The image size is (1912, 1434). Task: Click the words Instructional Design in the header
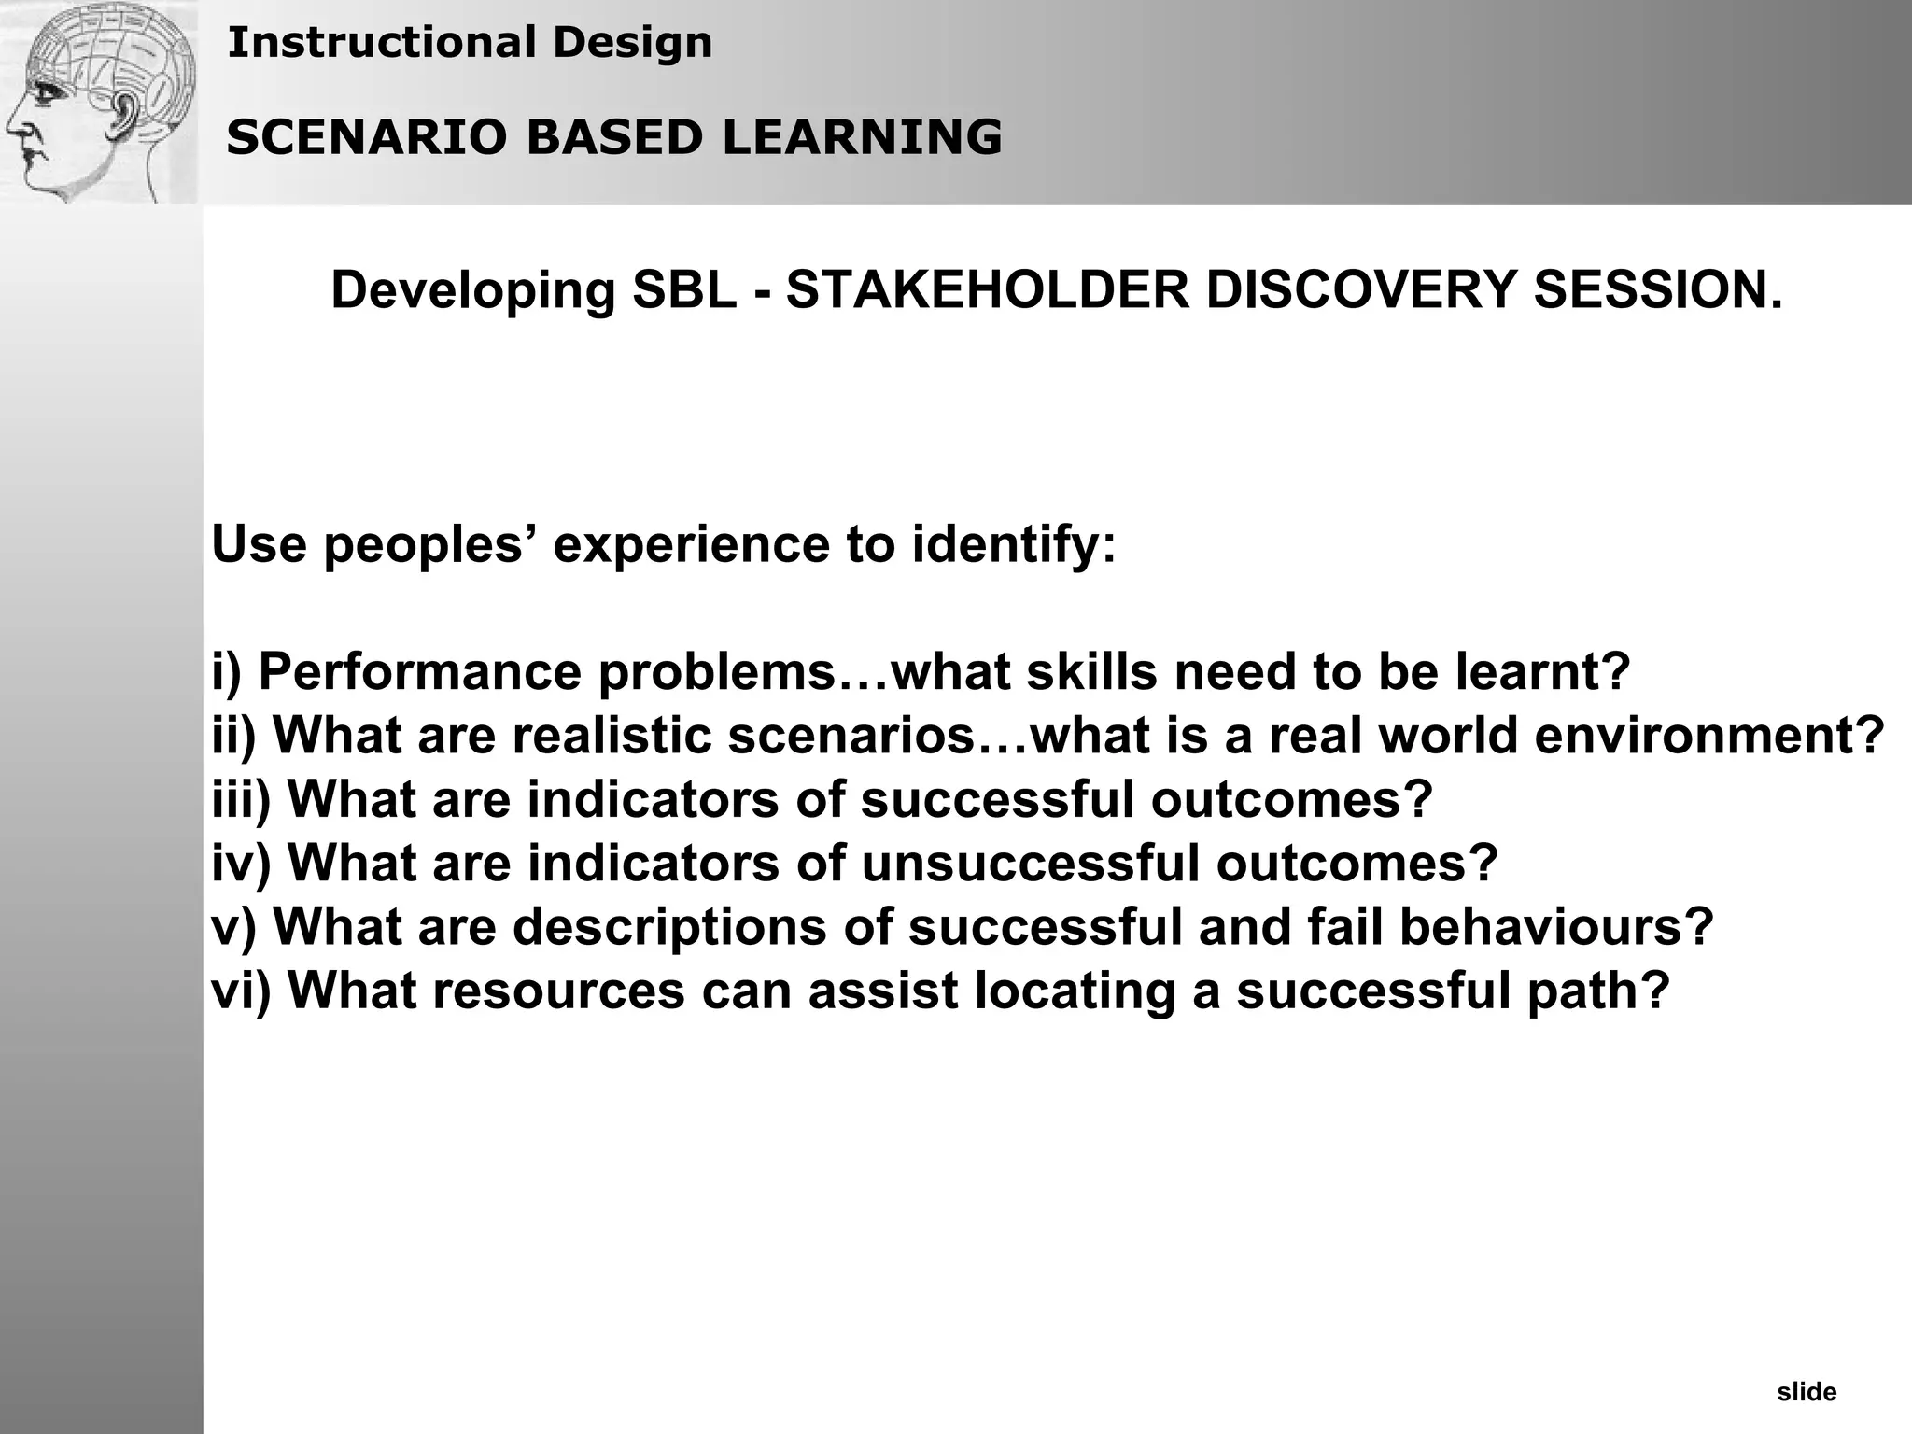click(x=470, y=43)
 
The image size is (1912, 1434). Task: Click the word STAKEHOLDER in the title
click(x=988, y=290)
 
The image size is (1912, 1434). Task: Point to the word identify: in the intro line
click(x=1014, y=544)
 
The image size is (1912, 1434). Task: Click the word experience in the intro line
click(x=691, y=544)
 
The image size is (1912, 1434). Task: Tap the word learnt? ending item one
click(x=1542, y=672)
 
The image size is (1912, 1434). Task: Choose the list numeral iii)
click(x=241, y=799)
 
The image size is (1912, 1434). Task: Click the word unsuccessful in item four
click(x=1030, y=863)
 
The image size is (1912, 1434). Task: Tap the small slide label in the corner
click(x=1807, y=1393)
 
